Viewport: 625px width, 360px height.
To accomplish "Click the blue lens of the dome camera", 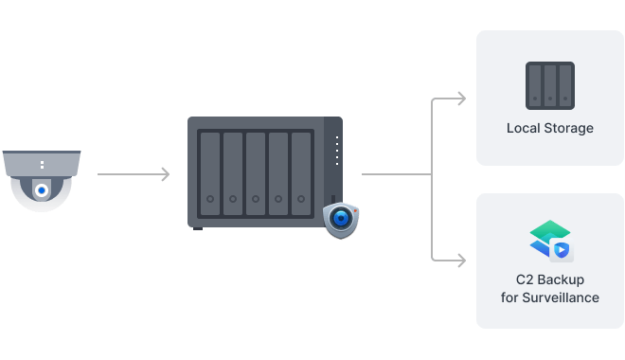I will [42, 190].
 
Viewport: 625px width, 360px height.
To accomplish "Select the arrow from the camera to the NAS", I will [134, 174].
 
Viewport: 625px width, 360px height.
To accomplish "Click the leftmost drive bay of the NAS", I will [209, 171].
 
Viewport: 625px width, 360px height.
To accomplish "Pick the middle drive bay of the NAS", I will [256, 171].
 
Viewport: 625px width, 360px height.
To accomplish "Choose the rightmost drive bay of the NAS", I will [301, 171].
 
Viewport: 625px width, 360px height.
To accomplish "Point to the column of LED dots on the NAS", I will [334, 150].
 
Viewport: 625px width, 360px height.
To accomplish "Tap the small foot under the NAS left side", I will [198, 228].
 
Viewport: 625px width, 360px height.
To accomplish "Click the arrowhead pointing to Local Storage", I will [460, 99].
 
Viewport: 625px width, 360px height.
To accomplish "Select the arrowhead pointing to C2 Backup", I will [460, 257].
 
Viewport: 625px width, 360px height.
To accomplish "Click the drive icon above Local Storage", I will [549, 85].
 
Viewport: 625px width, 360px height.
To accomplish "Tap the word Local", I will [525, 128].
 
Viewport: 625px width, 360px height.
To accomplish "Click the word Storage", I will [569, 128].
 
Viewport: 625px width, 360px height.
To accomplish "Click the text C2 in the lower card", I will [526, 280].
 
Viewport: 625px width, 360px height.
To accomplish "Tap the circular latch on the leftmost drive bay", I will [209, 200].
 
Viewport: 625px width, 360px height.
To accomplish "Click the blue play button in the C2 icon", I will [561, 250].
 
